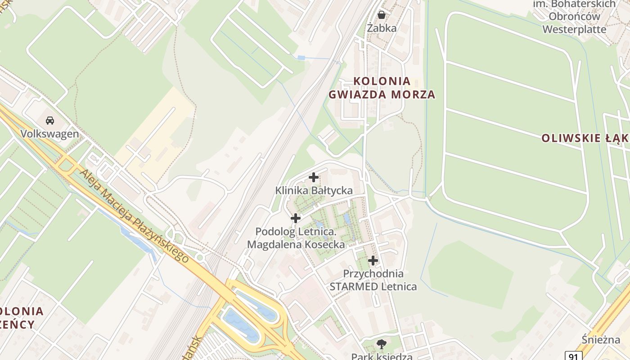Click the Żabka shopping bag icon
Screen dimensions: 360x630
[x=382, y=15]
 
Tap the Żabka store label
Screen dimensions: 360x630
[x=382, y=28]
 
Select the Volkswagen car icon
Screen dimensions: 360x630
[x=50, y=121]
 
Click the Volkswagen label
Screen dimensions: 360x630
[x=49, y=134]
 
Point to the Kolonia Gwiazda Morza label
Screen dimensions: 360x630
[x=382, y=88]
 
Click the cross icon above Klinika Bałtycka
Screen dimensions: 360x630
[x=314, y=177]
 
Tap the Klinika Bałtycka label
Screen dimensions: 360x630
[x=314, y=191]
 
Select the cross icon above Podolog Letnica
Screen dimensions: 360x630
[x=296, y=218]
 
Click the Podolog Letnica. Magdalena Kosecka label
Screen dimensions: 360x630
[x=296, y=238]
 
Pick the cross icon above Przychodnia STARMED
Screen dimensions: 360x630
[x=373, y=260]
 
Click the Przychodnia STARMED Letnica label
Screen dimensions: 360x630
[x=373, y=280]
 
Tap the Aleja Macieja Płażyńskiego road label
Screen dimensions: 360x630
[x=134, y=215]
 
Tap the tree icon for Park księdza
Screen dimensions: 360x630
[x=382, y=345]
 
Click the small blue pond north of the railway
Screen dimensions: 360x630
[x=301, y=58]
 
